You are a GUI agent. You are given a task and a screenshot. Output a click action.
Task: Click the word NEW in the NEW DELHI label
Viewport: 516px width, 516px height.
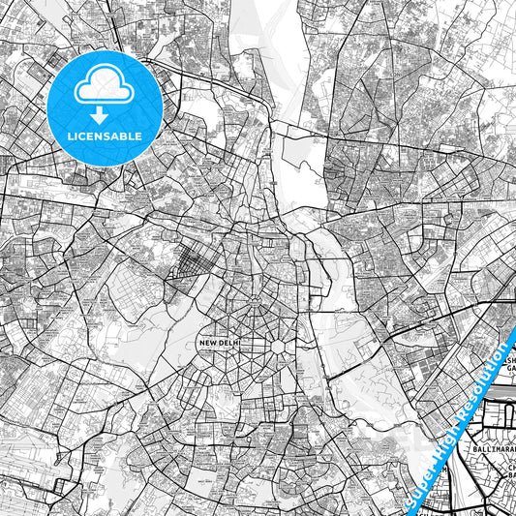pyautogui.click(x=206, y=343)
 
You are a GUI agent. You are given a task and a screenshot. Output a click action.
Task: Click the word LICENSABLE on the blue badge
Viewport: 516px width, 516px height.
pyautogui.click(x=103, y=137)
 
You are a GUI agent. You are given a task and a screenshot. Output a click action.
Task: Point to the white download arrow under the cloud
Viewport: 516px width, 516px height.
pyautogui.click(x=102, y=115)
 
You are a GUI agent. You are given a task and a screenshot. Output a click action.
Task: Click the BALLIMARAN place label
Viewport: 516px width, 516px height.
pyautogui.click(x=490, y=450)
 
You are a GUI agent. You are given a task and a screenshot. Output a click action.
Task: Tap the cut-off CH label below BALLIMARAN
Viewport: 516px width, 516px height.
pyautogui.click(x=509, y=468)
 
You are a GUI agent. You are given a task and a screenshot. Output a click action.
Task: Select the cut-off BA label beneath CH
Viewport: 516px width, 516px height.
pyautogui.click(x=509, y=478)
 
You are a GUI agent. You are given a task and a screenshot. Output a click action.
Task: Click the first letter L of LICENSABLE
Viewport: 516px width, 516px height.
pyautogui.click(x=69, y=137)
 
